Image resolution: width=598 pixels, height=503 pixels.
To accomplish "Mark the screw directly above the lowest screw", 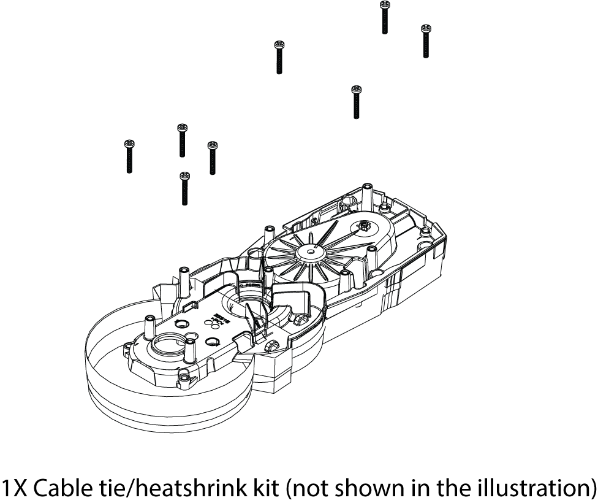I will (x=182, y=140).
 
